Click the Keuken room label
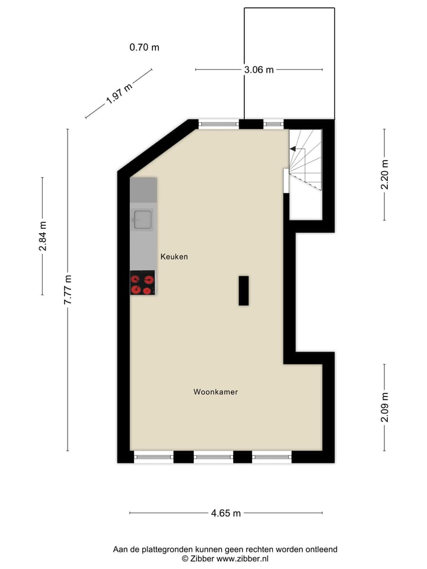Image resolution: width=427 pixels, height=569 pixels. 174,257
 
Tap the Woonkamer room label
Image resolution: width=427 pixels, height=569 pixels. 215,392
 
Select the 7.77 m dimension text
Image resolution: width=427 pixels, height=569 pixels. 68,290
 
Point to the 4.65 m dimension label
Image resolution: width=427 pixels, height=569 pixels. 226,513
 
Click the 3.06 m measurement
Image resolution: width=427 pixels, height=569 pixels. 259,70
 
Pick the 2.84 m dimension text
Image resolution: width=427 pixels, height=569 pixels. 43,236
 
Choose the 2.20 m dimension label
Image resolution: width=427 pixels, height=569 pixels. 385,174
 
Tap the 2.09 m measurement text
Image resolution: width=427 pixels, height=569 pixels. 385,407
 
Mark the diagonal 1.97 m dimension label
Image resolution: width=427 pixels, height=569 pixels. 119,94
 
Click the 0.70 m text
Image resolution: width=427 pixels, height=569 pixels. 144,47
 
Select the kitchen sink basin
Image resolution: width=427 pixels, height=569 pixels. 142,220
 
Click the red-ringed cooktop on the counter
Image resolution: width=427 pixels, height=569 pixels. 142,283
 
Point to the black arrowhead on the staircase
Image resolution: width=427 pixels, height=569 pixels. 292,150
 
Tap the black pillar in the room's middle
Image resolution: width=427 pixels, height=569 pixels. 243,290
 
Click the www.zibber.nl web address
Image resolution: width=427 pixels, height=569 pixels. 243,558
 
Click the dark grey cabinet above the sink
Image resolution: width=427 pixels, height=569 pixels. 144,190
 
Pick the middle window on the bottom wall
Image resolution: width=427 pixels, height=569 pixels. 213,457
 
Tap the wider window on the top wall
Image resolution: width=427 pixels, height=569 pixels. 218,124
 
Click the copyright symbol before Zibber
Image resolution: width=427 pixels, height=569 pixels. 185,558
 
